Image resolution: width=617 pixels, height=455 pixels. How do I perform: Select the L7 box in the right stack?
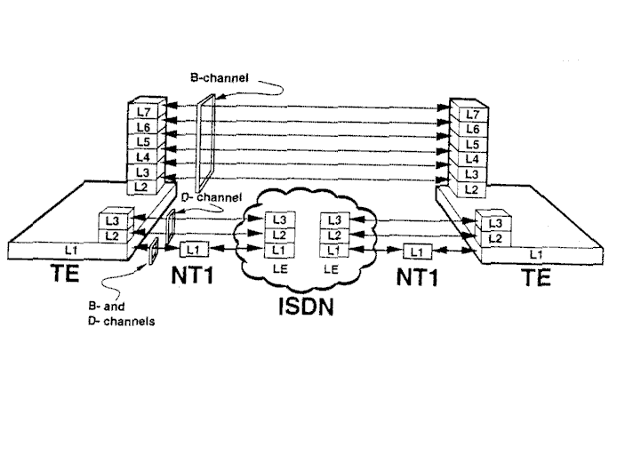tap(471, 115)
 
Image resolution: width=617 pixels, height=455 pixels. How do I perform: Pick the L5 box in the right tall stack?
tap(471, 144)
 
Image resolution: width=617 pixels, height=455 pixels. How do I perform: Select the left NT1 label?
tap(193, 275)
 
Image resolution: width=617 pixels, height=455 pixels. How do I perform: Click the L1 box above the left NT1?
tap(193, 248)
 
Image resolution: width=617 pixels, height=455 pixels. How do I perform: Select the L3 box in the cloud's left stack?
tap(279, 220)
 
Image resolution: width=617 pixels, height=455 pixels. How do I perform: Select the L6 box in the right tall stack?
tap(471, 129)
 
